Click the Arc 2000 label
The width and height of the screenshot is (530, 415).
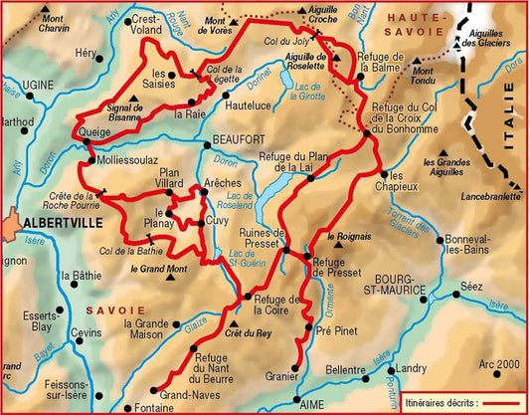pyautogui.click(x=499, y=364)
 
